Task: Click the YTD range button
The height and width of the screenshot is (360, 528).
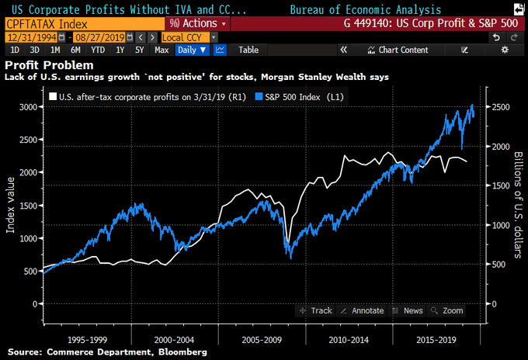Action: [99, 50]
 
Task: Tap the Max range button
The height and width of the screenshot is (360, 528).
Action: [162, 50]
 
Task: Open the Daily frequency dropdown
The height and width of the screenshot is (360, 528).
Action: [192, 50]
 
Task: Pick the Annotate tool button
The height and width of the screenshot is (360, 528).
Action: [362, 310]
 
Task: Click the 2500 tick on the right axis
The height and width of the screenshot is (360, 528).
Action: [501, 106]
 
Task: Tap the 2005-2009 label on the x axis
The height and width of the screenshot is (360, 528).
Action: [261, 339]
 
